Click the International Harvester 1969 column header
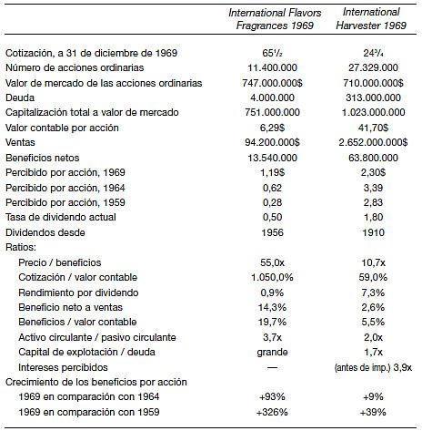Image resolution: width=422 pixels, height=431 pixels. point(371,18)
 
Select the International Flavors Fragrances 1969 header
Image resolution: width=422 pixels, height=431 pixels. point(275,19)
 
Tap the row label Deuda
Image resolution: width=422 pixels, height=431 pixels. point(20,97)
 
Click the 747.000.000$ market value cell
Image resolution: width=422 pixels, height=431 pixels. point(272,83)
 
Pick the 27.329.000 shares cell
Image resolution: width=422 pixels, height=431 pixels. point(373,67)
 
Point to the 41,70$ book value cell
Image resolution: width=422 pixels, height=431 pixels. point(373,128)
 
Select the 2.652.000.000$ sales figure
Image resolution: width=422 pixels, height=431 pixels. point(373,142)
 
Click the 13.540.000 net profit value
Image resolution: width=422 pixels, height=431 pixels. point(272,158)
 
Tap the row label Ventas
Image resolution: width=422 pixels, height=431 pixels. point(20,142)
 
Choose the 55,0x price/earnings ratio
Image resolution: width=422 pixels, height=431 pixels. point(272,262)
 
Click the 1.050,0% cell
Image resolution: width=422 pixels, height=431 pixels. point(272,277)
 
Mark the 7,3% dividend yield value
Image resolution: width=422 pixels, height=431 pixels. point(373,292)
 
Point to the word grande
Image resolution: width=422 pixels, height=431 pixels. point(272,353)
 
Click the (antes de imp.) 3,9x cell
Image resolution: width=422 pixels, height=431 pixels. point(373,367)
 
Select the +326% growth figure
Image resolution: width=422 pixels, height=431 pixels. point(272,412)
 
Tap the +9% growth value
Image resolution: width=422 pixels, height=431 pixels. point(373,396)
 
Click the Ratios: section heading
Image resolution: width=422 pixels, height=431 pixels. point(21,247)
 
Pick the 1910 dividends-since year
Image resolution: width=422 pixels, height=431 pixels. point(373,232)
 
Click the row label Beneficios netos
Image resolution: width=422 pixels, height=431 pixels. point(43,158)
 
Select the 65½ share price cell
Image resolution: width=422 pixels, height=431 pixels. point(272,53)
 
